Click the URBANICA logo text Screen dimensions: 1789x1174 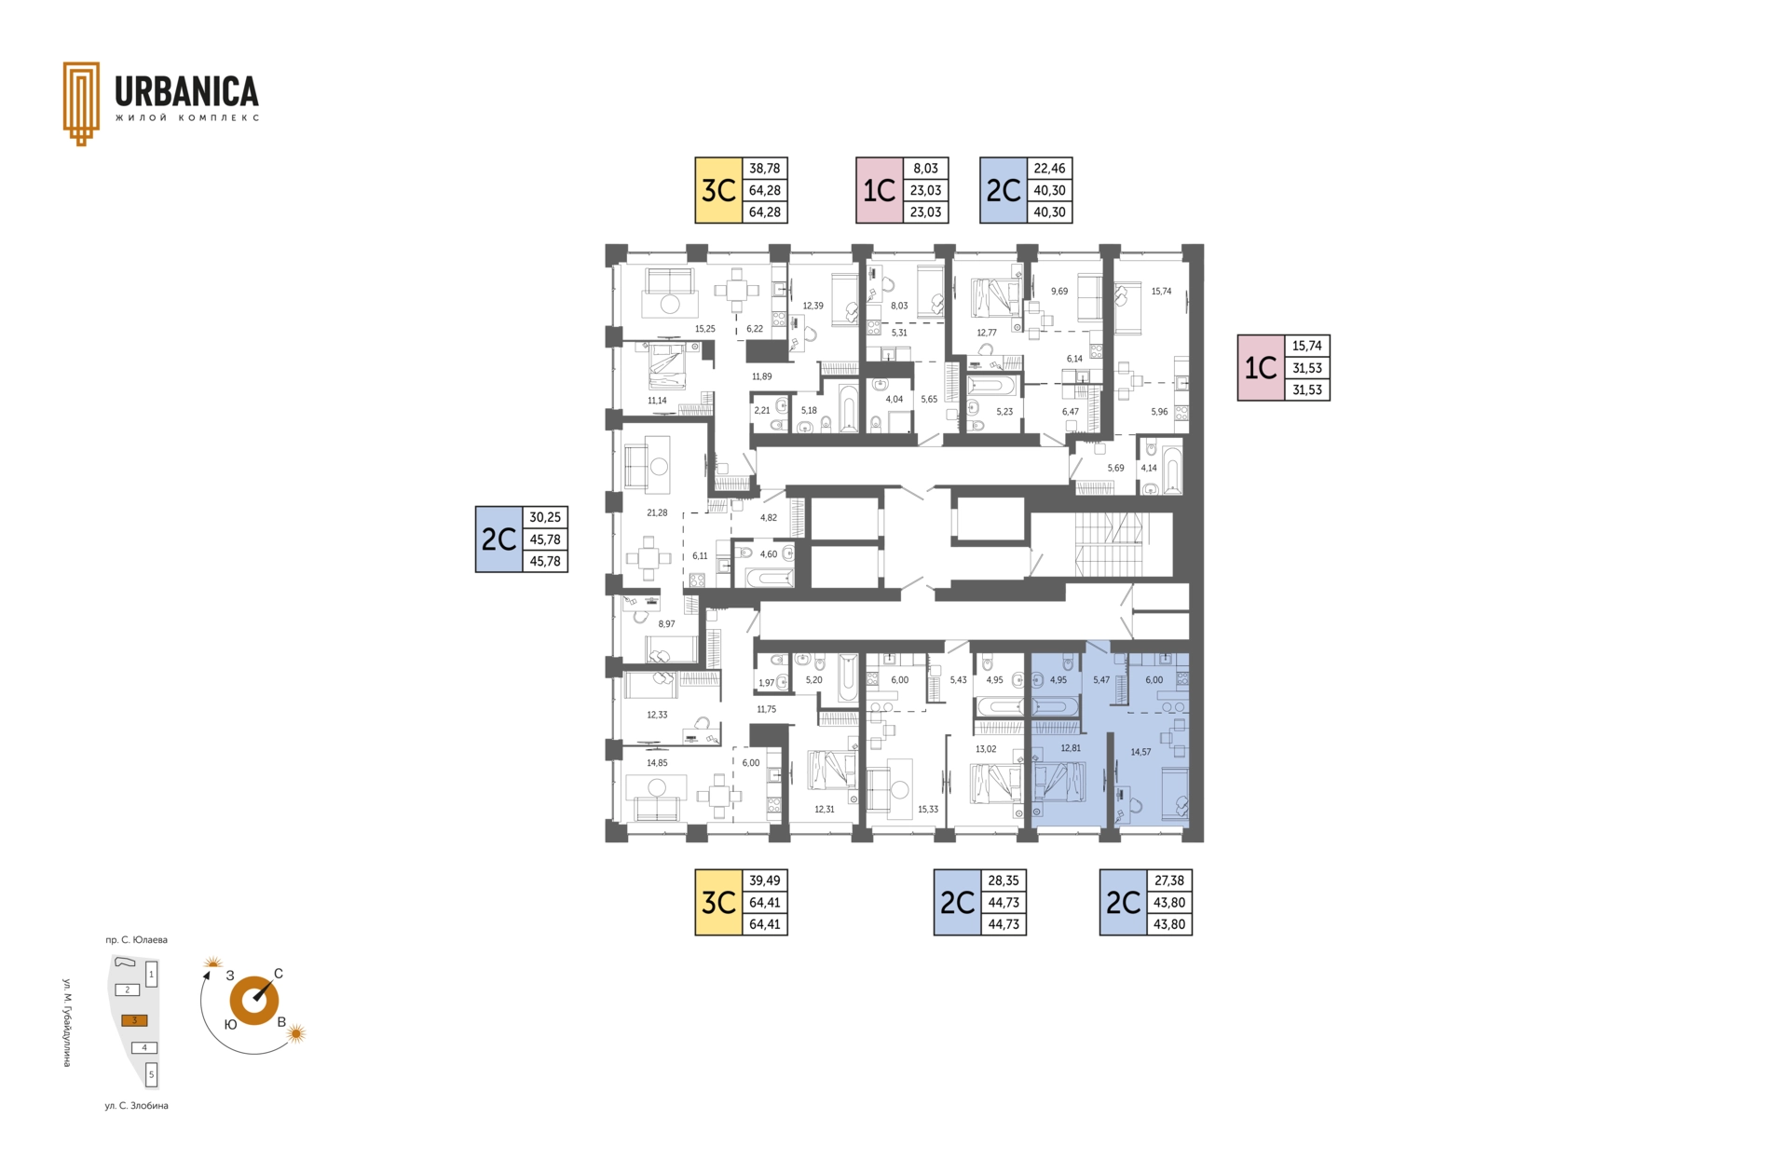click(186, 91)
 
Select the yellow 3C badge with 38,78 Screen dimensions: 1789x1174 click(718, 190)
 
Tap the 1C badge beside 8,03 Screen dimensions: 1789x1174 click(880, 190)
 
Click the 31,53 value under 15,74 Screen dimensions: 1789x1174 click(1307, 368)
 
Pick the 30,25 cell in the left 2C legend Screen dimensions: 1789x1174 click(545, 517)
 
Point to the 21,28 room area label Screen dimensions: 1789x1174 click(657, 512)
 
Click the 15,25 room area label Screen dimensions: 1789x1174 click(705, 329)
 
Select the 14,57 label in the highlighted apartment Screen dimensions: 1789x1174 click(1140, 752)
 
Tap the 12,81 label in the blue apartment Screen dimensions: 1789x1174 click(1071, 748)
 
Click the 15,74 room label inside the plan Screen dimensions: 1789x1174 click(1161, 292)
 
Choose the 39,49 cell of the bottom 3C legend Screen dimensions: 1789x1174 click(765, 880)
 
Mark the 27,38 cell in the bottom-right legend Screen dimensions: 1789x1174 click(1169, 880)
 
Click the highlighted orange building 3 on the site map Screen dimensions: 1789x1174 click(134, 1020)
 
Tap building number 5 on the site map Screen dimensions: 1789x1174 click(151, 1074)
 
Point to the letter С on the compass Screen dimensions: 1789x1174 click(279, 974)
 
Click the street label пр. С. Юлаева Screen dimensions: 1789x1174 click(136, 940)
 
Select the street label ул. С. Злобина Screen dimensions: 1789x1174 click(136, 1106)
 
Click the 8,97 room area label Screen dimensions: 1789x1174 click(666, 624)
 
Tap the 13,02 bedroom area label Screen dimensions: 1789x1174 click(986, 749)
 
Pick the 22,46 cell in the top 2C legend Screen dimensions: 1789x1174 click(1049, 169)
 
